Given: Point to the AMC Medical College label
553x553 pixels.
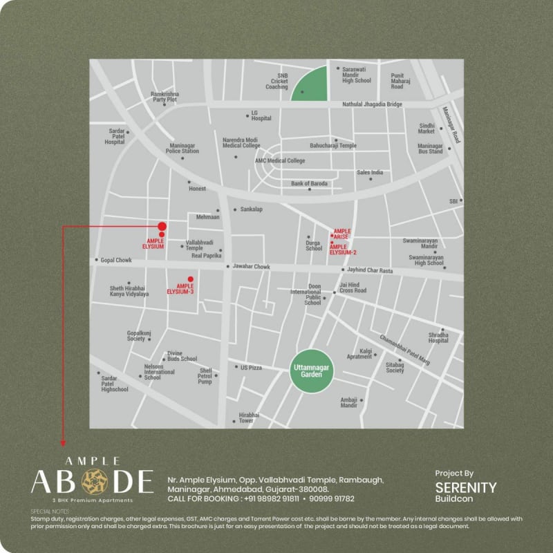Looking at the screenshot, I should (280, 161).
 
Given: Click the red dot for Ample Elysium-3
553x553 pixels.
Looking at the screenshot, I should (191, 279).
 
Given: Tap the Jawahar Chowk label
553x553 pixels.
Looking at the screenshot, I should (251, 266).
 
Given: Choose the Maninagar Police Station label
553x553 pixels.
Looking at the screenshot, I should (182, 149).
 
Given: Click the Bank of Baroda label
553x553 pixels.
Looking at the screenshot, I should (310, 183).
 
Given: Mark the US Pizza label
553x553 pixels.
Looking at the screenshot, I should (251, 367).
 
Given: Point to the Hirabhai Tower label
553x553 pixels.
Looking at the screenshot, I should (247, 418).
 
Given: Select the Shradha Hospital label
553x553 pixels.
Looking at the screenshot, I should (438, 337).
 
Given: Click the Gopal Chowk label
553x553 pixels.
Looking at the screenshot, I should (115, 260).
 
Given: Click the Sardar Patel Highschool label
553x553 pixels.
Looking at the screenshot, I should (115, 384).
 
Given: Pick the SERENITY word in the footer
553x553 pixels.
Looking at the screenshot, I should (466, 487).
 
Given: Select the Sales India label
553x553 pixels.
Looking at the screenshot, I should (370, 172).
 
